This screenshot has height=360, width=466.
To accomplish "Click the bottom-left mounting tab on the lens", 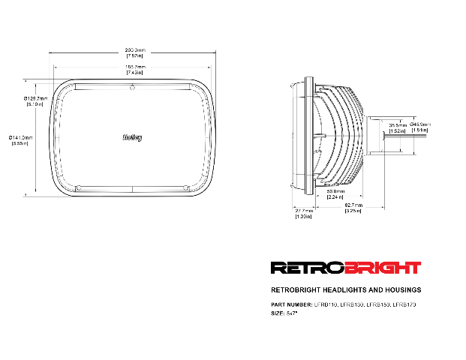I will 78,186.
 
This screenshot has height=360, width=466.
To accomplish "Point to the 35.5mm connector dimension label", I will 397,127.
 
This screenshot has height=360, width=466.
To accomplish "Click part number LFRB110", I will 325,304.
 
